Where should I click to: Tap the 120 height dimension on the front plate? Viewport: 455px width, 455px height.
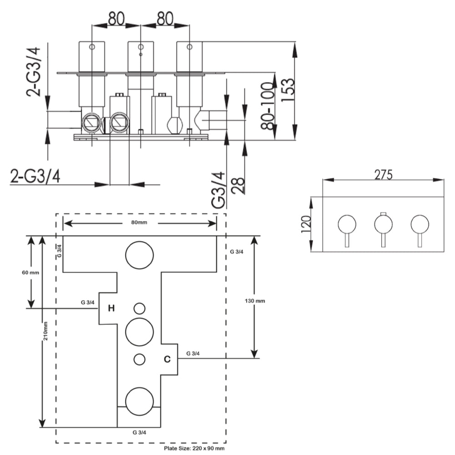[x=305, y=224]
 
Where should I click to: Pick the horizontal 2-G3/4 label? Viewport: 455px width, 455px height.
[x=35, y=176]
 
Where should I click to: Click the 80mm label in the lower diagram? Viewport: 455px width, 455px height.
[x=140, y=222]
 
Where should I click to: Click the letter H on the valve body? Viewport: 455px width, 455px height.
[x=111, y=308]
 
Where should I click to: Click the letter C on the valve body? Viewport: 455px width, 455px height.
[x=167, y=359]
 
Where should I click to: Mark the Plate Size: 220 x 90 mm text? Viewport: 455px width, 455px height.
[x=194, y=448]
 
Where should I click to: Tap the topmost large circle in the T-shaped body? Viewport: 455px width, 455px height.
[x=139, y=255]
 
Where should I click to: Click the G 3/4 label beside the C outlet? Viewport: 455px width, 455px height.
[x=192, y=353]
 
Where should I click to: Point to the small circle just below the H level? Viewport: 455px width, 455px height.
[x=139, y=308]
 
